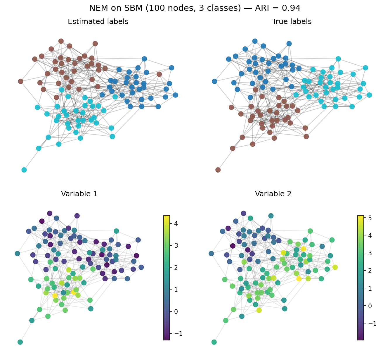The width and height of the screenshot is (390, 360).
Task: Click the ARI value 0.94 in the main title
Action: [x=291, y=8]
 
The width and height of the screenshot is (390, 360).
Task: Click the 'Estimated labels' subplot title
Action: [x=98, y=21]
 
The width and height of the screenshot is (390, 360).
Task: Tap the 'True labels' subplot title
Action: [x=292, y=21]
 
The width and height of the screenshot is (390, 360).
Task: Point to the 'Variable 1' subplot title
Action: [x=79, y=194]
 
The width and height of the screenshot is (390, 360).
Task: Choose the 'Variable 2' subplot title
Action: [x=273, y=194]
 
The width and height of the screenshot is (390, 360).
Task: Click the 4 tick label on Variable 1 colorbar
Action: [x=176, y=223]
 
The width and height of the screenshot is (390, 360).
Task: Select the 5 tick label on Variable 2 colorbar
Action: [x=370, y=218]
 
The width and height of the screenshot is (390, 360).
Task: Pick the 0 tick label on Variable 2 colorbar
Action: [x=370, y=306]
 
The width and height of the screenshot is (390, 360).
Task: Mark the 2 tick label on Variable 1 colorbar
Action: [x=176, y=267]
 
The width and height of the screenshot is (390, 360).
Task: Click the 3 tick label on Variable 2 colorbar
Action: [x=370, y=253]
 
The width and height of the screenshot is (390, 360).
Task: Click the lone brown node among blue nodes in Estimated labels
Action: [x=159, y=74]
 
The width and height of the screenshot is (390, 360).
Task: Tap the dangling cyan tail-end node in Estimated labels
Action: [x=24, y=170]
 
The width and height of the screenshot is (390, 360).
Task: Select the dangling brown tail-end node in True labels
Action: [x=218, y=170]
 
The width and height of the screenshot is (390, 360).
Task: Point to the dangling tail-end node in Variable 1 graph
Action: [x=20, y=342]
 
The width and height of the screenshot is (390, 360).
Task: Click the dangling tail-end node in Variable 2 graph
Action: [x=214, y=342]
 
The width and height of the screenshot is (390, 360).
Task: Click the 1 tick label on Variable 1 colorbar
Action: [x=176, y=290]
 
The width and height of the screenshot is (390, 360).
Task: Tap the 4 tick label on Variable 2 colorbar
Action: [x=370, y=235]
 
